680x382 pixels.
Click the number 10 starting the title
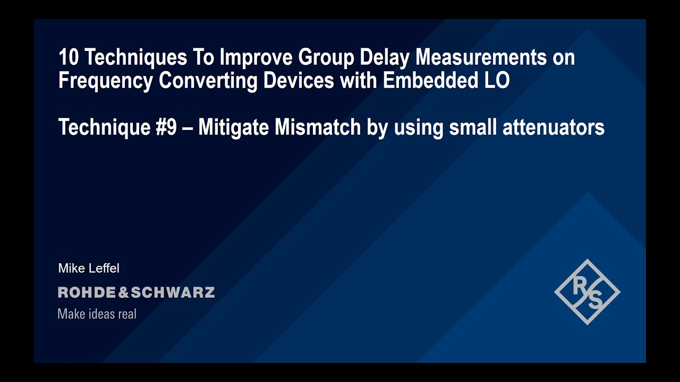click(x=68, y=58)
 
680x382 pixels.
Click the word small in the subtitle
click(x=472, y=128)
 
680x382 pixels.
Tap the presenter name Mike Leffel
click(x=89, y=268)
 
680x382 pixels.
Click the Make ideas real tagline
click(x=97, y=314)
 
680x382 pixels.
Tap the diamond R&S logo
click(x=587, y=292)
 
